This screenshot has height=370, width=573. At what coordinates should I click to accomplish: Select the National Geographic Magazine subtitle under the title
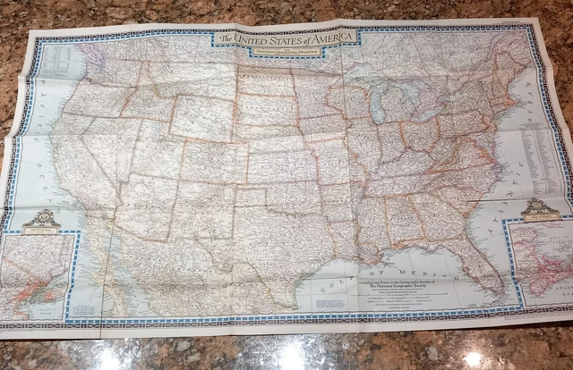click(x=282, y=48)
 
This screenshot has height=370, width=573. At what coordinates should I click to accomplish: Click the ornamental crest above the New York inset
click(x=41, y=220)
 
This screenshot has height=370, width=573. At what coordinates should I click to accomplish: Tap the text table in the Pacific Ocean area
click(x=54, y=63)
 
